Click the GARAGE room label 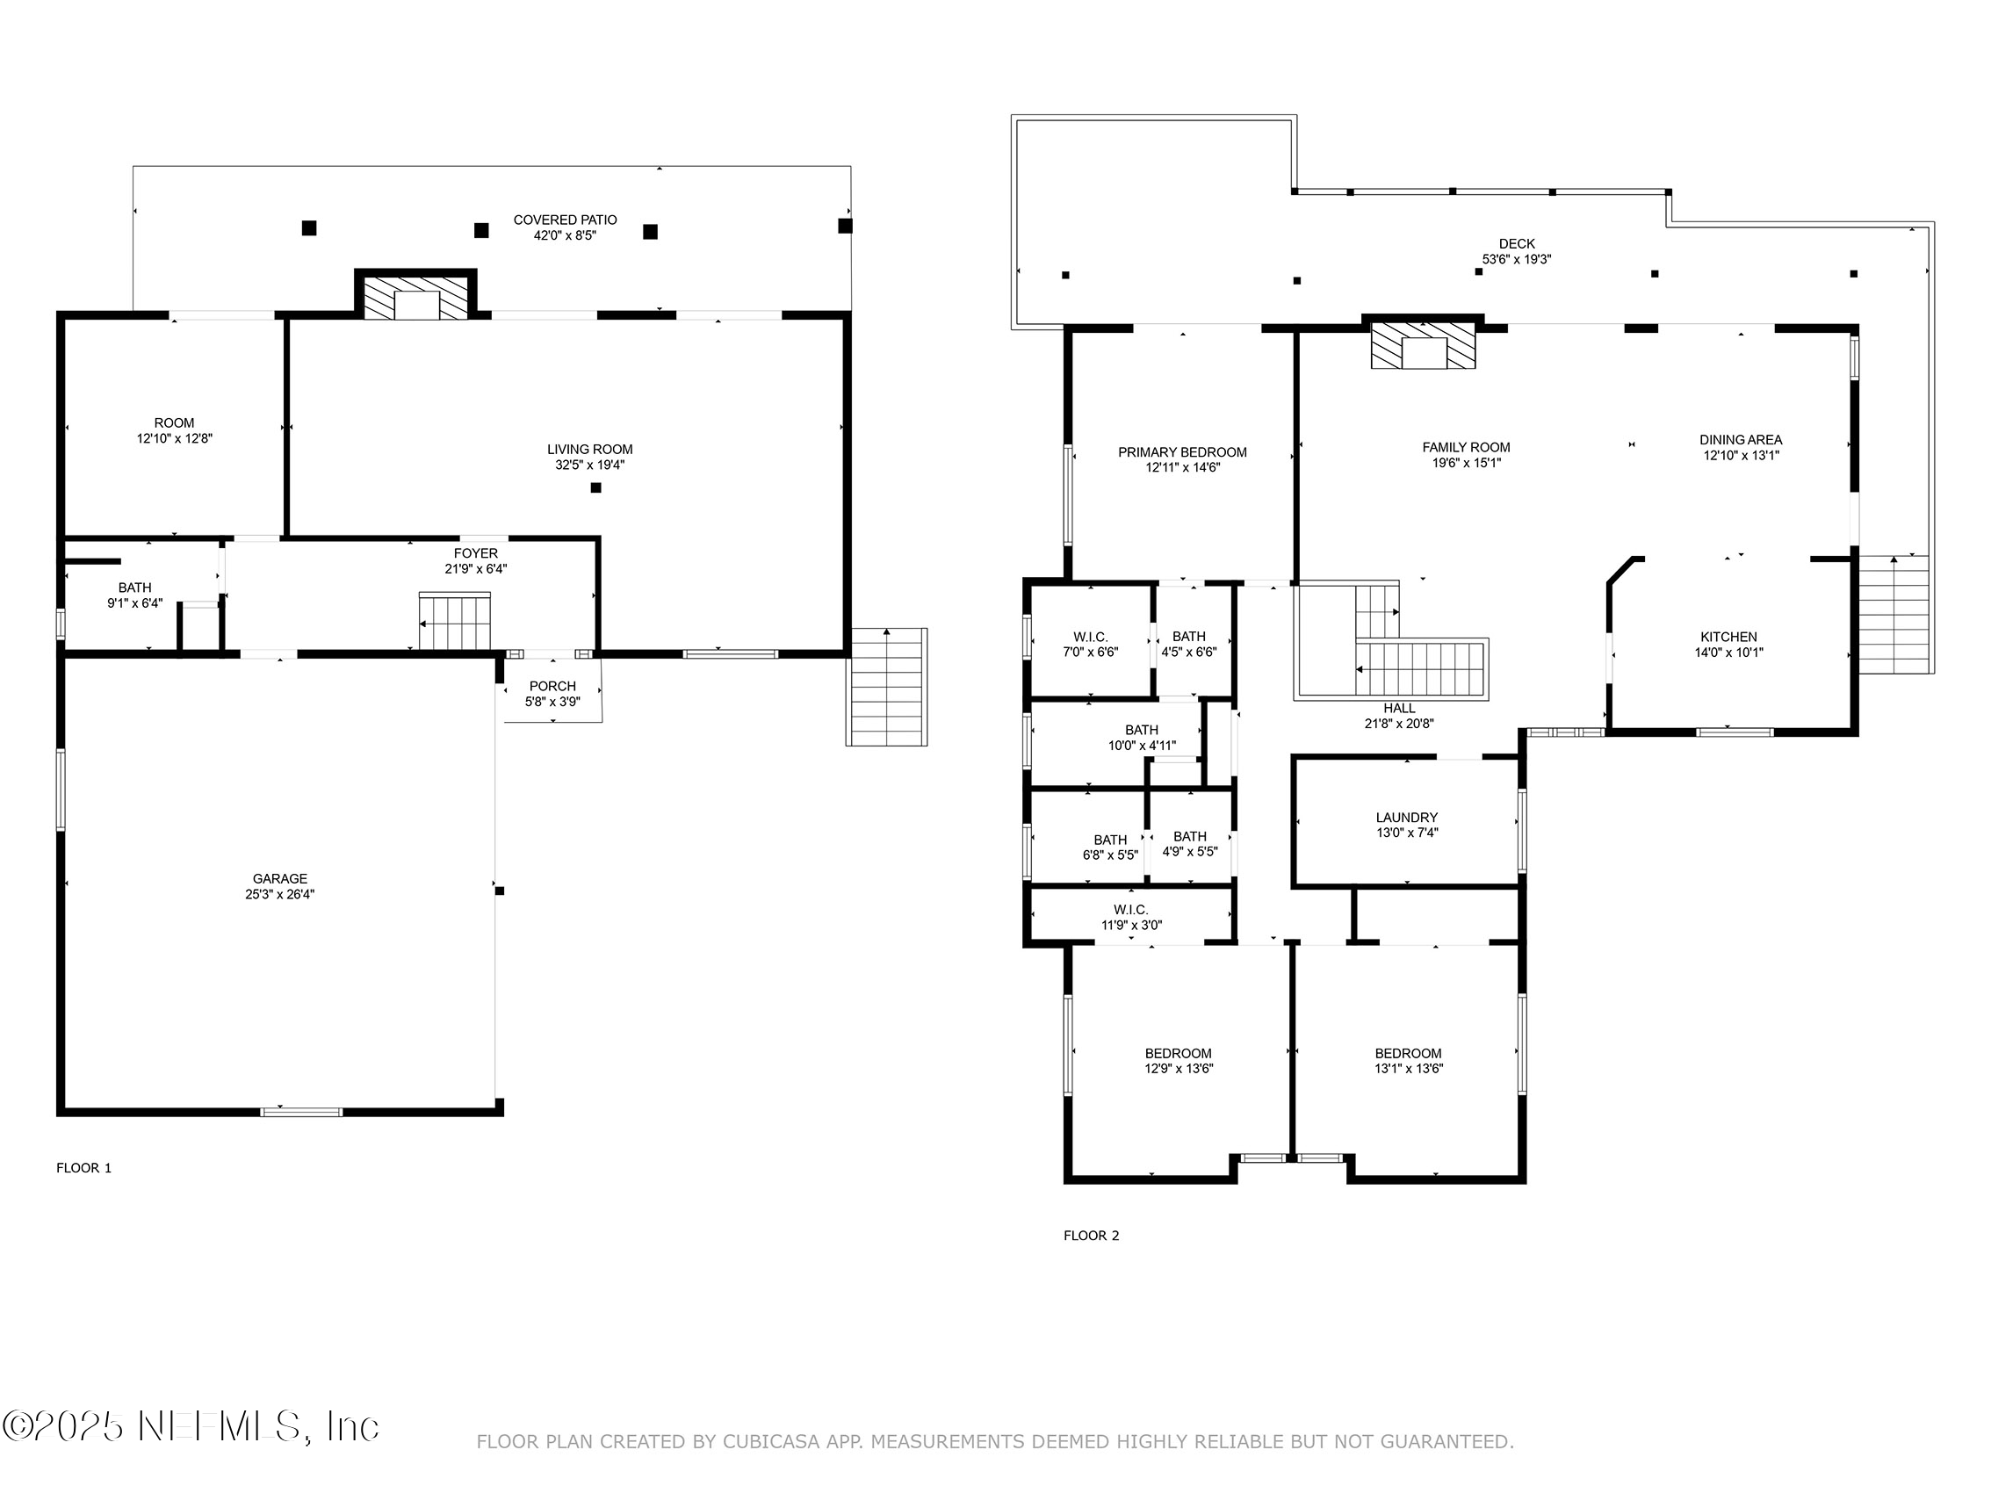[x=280, y=878]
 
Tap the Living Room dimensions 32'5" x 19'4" [x=589, y=465]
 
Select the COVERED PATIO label [x=566, y=220]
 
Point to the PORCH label [x=552, y=686]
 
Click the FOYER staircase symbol [x=456, y=621]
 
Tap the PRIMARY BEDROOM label [x=1183, y=452]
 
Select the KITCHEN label [x=1728, y=637]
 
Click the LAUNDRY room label [x=1407, y=818]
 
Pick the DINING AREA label [x=1741, y=440]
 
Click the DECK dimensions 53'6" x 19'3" [x=1517, y=259]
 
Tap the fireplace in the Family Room [x=1423, y=347]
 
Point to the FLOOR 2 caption [x=1092, y=1236]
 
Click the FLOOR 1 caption [x=83, y=1168]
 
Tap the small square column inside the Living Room [x=595, y=487]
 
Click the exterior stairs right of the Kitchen [x=1894, y=614]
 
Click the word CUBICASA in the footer [x=770, y=1442]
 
